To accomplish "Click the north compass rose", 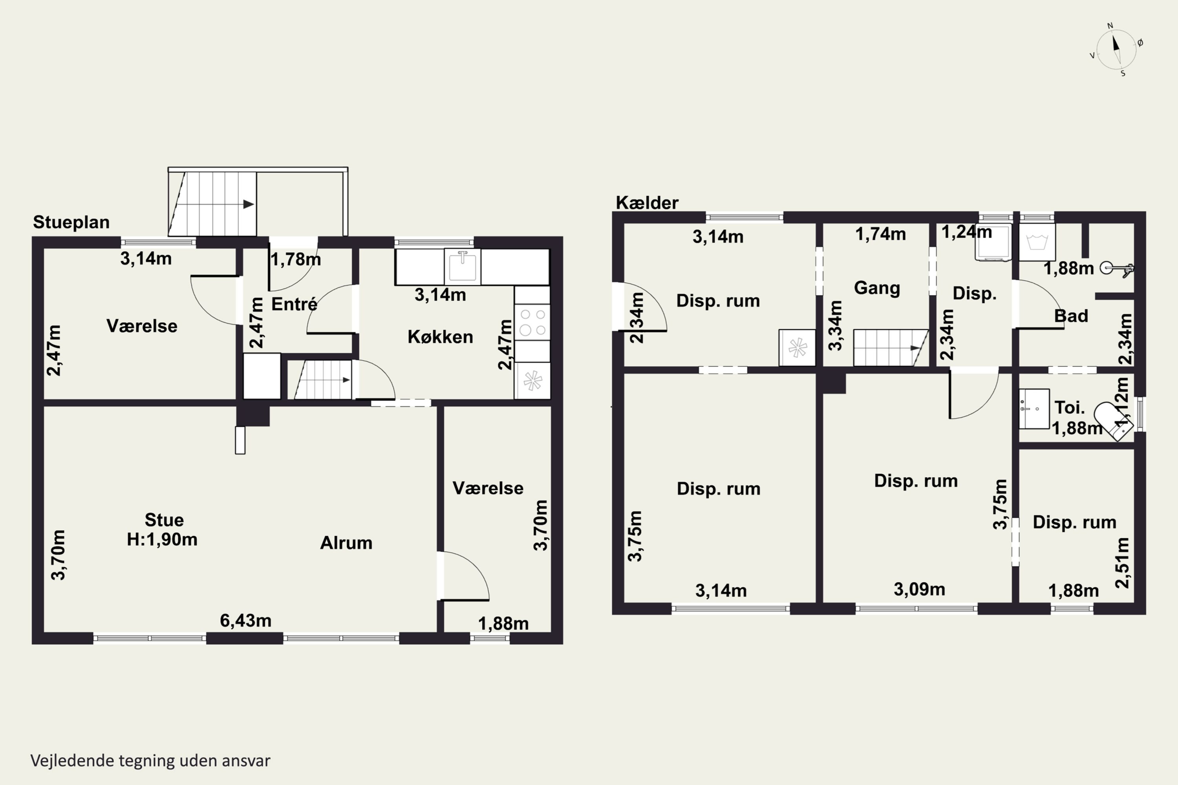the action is tap(1116, 49).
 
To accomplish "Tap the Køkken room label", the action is tap(440, 337).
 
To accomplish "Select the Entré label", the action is tap(294, 304).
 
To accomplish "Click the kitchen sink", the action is tap(462, 267).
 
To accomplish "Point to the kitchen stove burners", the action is tap(532, 322).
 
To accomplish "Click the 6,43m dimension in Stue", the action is tap(245, 621).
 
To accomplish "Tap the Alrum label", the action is tap(346, 543).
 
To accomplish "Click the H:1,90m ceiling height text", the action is tap(162, 539).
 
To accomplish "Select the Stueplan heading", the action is tap(71, 222).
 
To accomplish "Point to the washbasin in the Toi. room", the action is tap(1034, 409).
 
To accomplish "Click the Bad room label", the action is tap(1071, 316).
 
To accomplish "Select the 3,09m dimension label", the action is tap(920, 589).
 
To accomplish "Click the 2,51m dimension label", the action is tap(1122, 563).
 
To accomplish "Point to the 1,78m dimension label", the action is tap(296, 259).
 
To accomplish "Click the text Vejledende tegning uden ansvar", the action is tap(150, 761).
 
